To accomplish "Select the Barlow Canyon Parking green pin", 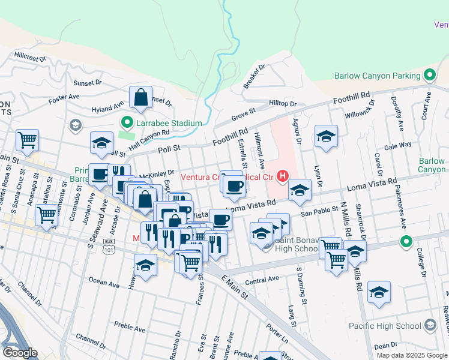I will (x=429, y=76).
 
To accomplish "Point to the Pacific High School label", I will (x=392, y=326).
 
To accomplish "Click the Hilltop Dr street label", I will (x=283, y=104).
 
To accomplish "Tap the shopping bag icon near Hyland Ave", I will (x=140, y=98).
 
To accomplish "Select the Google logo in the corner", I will (x=20, y=352).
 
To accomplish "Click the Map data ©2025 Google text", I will (x=412, y=355).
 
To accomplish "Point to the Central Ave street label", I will (x=262, y=279).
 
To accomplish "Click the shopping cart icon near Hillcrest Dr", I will (x=27, y=140).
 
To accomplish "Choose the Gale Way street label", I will (x=398, y=145).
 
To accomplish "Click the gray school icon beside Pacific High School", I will (x=430, y=326).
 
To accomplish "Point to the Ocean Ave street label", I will (x=104, y=282).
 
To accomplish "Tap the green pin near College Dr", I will (x=406, y=242).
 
